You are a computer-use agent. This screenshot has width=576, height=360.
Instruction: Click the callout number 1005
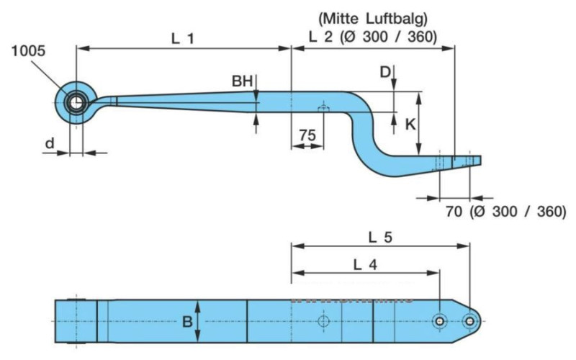(29, 50)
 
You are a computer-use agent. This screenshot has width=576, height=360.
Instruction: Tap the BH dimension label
(242, 81)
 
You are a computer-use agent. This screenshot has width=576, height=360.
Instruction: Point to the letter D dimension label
(385, 71)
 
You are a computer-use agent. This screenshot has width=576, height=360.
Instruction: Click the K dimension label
(409, 124)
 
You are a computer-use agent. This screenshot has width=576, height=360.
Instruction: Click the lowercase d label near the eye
(49, 143)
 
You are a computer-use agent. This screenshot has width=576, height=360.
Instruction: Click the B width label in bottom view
(187, 322)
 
